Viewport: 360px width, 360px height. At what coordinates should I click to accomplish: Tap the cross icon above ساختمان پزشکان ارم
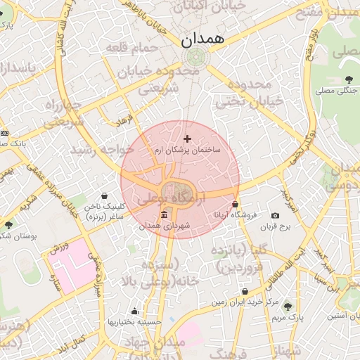pyautogui.click(x=186, y=139)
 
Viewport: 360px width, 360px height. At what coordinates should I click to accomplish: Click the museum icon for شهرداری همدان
pyautogui.click(x=164, y=214)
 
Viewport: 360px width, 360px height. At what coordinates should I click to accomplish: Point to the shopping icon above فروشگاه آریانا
pyautogui.click(x=245, y=203)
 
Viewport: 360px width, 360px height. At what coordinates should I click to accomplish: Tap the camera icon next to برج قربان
pyautogui.click(x=274, y=215)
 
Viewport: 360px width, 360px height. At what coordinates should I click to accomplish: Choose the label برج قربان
pyautogui.click(x=275, y=227)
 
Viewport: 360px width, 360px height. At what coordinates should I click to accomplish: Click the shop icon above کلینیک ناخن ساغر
pyautogui.click(x=105, y=195)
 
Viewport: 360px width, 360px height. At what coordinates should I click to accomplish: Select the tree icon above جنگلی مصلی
pyautogui.click(x=349, y=79)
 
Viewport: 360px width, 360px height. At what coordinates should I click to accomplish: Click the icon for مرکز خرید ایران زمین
pyautogui.click(x=245, y=291)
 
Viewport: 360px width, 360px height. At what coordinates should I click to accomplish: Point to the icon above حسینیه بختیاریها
pyautogui.click(x=134, y=311)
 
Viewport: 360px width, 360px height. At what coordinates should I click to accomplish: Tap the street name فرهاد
pyautogui.click(x=125, y=119)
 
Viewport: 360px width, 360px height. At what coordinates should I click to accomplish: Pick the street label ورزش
pyautogui.click(x=59, y=247)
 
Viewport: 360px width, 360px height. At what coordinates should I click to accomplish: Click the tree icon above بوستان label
pyautogui.click(x=8, y=224)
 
